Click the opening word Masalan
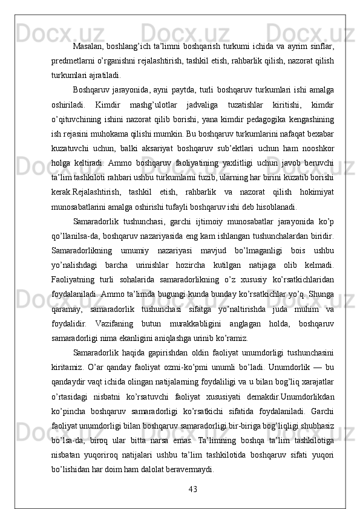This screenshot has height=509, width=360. click(x=89, y=47)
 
